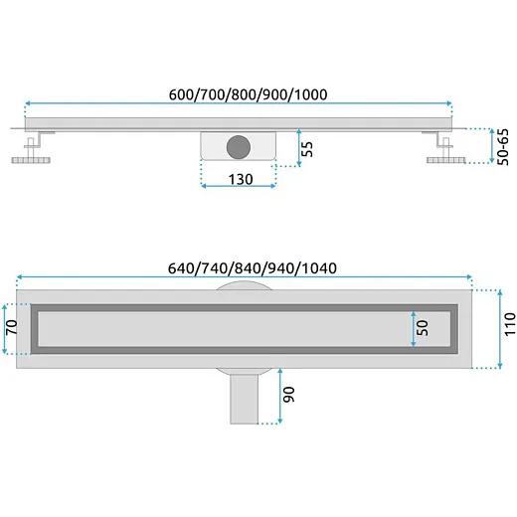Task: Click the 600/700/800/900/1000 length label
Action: [x=248, y=94]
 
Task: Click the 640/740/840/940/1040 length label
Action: [x=253, y=268]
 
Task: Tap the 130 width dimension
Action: [x=241, y=179]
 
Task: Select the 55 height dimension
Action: [x=307, y=149]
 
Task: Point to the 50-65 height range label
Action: [x=503, y=147]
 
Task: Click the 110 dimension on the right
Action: [x=510, y=324]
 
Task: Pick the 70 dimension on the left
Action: [x=12, y=327]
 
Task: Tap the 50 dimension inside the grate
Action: [x=423, y=328]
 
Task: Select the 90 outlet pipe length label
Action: [x=289, y=395]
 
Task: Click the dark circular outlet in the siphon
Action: [x=239, y=147]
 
